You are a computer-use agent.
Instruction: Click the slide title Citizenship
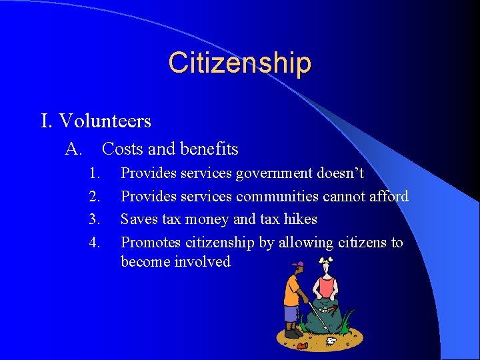click(239, 63)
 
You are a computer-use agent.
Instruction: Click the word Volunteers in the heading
click(105, 121)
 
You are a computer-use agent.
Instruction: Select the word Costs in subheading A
click(121, 149)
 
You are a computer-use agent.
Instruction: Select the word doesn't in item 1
click(344, 173)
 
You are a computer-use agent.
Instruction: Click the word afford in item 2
click(387, 196)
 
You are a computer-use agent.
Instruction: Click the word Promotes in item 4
click(150, 241)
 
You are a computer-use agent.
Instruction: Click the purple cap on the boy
click(297, 265)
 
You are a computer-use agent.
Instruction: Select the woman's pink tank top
click(326, 285)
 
